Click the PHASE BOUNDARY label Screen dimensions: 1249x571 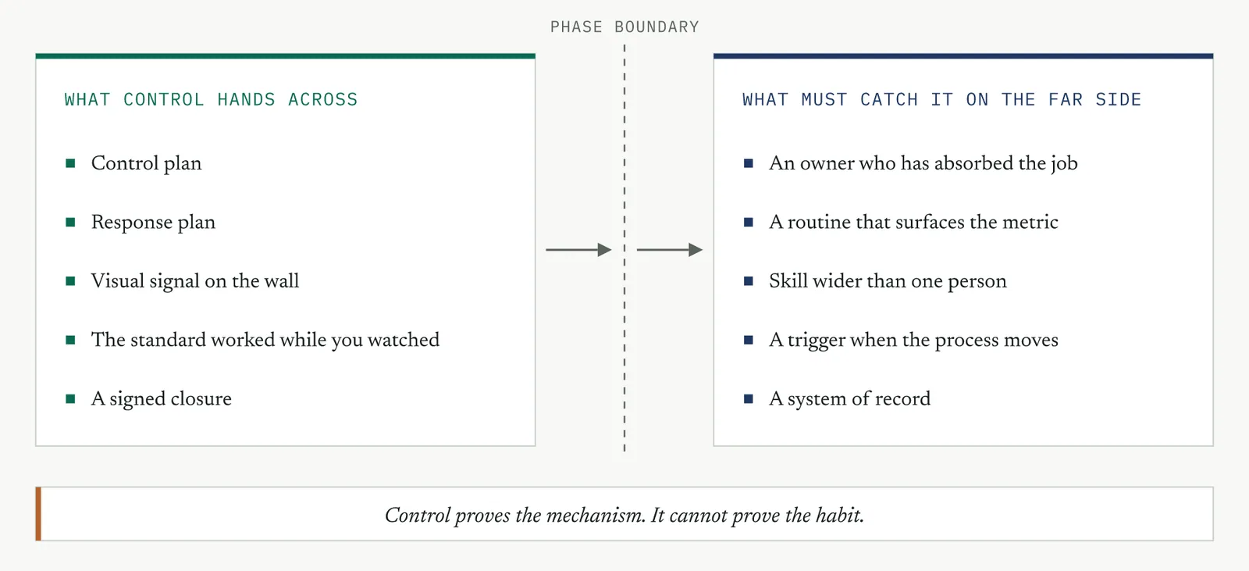(x=624, y=27)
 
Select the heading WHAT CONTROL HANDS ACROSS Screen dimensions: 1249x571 (x=211, y=99)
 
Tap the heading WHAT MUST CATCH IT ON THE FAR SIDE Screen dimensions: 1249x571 (x=941, y=99)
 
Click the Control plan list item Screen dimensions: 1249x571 (x=146, y=163)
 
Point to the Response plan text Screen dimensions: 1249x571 (x=153, y=222)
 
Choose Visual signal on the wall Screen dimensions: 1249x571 (x=195, y=280)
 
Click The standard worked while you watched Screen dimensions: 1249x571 (x=265, y=340)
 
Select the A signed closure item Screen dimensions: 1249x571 (x=161, y=398)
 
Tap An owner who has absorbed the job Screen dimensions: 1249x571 (x=923, y=163)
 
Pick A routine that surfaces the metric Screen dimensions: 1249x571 (x=913, y=222)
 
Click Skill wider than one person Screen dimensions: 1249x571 (x=888, y=280)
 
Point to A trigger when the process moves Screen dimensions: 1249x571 (x=913, y=340)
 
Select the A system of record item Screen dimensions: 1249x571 (x=850, y=398)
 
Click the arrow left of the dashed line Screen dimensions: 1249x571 (x=578, y=249)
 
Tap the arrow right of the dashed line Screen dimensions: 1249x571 (x=670, y=249)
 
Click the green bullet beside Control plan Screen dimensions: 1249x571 (x=70, y=163)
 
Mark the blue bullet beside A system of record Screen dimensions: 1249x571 (x=749, y=398)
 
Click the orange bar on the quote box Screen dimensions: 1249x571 (x=38, y=513)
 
